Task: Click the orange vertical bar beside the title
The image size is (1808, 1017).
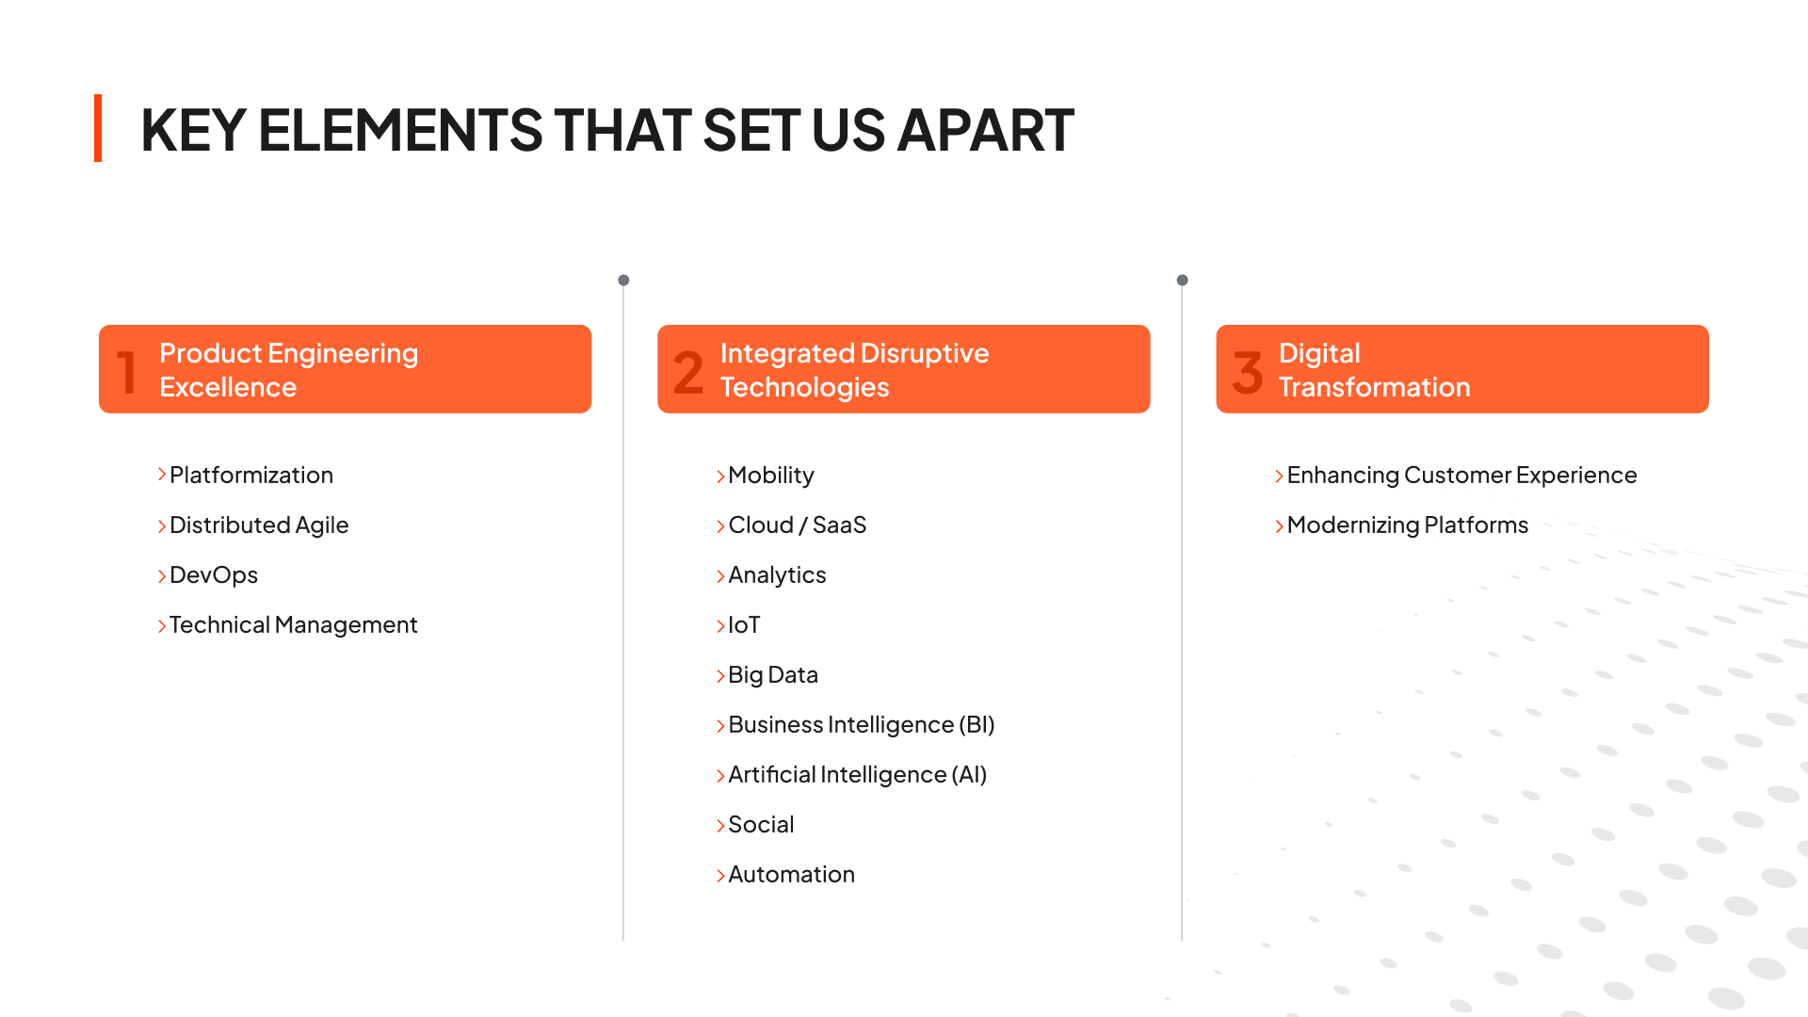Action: click(x=98, y=128)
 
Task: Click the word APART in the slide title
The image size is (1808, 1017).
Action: click(x=986, y=130)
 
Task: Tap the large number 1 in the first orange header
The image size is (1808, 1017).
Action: click(x=127, y=371)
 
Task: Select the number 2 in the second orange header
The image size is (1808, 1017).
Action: click(x=688, y=371)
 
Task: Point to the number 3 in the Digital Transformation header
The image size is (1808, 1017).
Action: click(x=1248, y=371)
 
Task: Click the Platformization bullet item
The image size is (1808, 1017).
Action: click(x=251, y=476)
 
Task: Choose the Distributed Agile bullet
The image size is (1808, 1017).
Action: click(x=259, y=525)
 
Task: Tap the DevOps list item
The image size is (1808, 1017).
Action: click(x=214, y=575)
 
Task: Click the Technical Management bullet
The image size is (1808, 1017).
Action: click(x=293, y=625)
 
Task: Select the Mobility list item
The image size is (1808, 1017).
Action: click(x=771, y=476)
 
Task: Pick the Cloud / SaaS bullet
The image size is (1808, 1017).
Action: click(x=798, y=525)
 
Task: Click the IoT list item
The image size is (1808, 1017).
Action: click(x=744, y=625)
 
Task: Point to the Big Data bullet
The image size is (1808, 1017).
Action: click(x=773, y=675)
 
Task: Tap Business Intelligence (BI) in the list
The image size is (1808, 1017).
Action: click(x=862, y=725)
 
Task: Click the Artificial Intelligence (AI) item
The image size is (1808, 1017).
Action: click(x=858, y=775)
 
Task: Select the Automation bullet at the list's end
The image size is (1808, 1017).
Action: click(x=792, y=875)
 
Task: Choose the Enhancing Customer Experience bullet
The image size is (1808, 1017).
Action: click(x=1462, y=476)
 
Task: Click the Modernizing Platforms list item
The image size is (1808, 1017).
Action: click(x=1408, y=525)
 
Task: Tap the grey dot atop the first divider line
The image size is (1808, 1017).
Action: click(x=623, y=280)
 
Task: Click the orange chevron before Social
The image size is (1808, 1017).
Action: click(x=720, y=826)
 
